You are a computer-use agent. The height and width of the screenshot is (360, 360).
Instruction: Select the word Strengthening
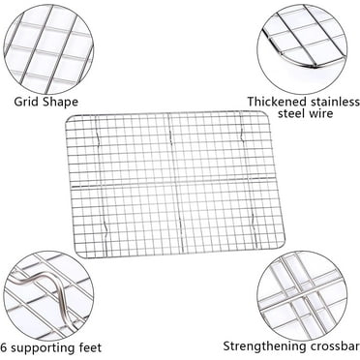266,345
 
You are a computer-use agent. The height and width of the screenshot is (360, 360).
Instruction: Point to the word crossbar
333,345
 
